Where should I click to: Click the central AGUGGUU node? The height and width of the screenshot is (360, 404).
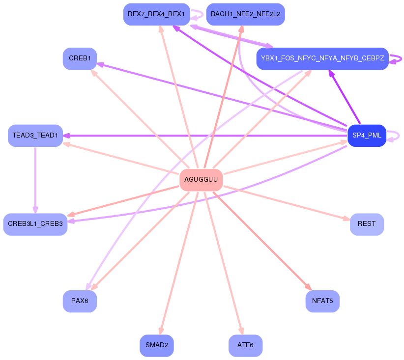pyautogui.click(x=201, y=180)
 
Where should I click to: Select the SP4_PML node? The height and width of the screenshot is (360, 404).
pyautogui.click(x=367, y=136)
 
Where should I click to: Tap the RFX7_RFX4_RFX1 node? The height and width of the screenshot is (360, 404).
pyautogui.click(x=156, y=14)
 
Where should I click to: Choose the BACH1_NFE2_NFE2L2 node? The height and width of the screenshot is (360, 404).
pyautogui.click(x=245, y=14)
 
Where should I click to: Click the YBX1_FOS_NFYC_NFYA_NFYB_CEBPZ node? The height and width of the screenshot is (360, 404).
pyautogui.click(x=322, y=58)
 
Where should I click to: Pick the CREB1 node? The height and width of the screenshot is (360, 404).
pyautogui.click(x=80, y=58)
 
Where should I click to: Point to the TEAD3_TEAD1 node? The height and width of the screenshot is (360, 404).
pyautogui.click(x=35, y=136)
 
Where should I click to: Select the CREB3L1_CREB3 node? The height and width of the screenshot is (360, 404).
pyautogui.click(x=35, y=224)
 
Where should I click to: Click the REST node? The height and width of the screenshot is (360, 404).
pyautogui.click(x=367, y=224)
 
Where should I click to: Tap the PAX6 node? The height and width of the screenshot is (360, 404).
pyautogui.click(x=80, y=301)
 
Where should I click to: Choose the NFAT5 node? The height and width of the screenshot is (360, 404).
pyautogui.click(x=322, y=301)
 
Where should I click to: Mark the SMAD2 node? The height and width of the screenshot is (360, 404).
pyautogui.click(x=157, y=345)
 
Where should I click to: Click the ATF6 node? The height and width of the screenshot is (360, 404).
pyautogui.click(x=245, y=345)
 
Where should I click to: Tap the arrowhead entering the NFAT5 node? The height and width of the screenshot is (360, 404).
pyautogui.click(x=308, y=287)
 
